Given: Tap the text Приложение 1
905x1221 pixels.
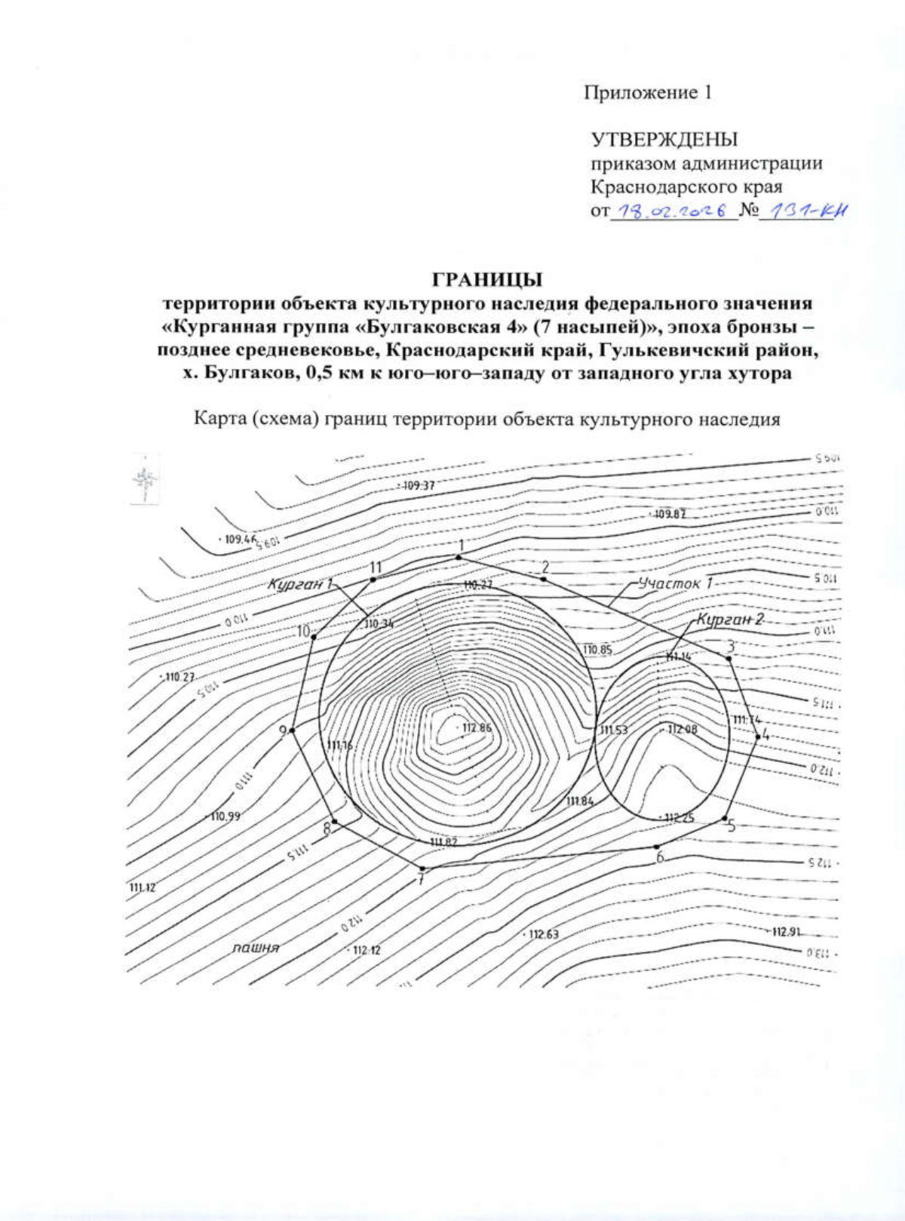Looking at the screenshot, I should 648,93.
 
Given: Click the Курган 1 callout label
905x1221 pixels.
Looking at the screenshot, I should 300,585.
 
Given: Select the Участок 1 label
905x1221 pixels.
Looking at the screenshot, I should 675,583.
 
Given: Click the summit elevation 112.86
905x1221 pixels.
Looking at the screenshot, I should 477,728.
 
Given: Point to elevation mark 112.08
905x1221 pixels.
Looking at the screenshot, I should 683,730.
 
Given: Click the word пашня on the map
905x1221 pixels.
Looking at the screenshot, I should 256,948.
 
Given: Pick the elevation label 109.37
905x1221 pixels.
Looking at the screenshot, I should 419,486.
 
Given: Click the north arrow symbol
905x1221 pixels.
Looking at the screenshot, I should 146,478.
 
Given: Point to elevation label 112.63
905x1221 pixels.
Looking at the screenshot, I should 543,935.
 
